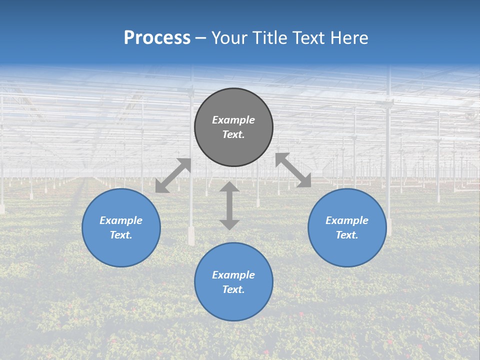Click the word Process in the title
157,38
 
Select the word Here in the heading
347,38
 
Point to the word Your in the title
229,38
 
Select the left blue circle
121,250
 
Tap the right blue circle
347,250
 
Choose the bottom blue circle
233,305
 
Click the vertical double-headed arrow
229,205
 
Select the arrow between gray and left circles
173,175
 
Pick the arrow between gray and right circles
293,170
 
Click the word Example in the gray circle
233,120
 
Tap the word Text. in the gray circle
233,134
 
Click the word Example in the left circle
121,220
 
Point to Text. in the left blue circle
121,235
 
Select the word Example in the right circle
347,220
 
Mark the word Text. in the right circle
347,235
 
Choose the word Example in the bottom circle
233,275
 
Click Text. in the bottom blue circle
233,289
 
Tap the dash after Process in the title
201,38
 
